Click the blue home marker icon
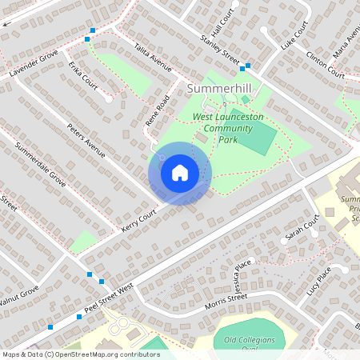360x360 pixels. (179, 173)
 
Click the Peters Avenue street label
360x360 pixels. (86, 140)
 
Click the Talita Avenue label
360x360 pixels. (154, 58)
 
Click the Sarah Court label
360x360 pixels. (302, 229)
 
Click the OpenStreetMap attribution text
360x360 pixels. (80, 354)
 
